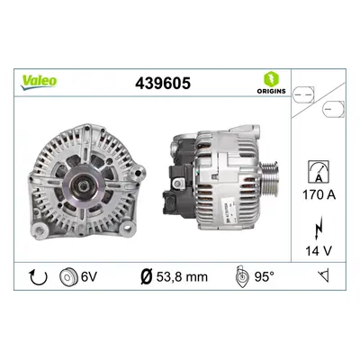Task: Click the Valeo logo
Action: point(39,82)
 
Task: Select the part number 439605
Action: point(163,83)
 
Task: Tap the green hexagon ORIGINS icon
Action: point(271,79)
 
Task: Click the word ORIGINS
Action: point(271,91)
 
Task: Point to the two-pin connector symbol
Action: point(303,94)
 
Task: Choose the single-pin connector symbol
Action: point(333,110)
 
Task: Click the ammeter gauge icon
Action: point(319,172)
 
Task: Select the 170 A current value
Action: point(319,195)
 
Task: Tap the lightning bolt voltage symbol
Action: point(319,228)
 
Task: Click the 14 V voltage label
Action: point(319,251)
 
